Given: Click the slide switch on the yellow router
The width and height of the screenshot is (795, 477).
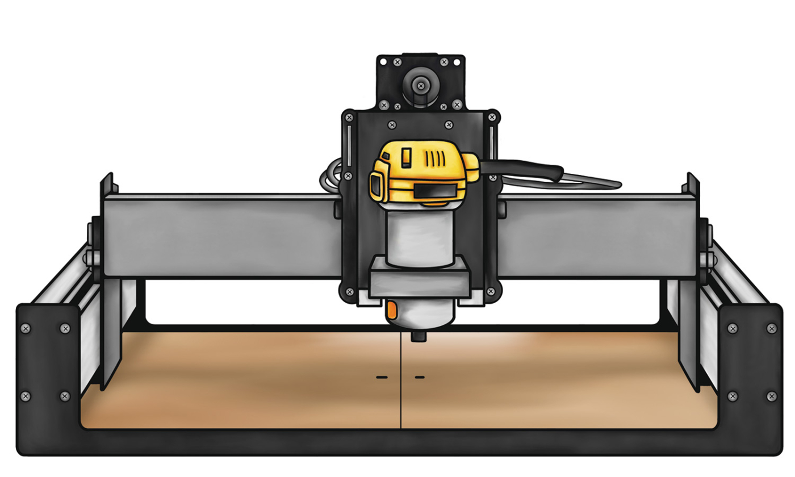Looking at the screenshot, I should click(x=406, y=157).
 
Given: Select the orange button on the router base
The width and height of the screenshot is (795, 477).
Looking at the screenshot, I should click(x=392, y=310).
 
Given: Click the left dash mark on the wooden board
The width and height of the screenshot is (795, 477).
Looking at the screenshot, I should click(x=381, y=376).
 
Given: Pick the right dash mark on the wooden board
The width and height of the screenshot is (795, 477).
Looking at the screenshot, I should click(x=420, y=376).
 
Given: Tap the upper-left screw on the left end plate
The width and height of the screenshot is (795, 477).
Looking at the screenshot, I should click(x=26, y=328).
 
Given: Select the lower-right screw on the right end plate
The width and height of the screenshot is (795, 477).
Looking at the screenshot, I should click(x=771, y=396).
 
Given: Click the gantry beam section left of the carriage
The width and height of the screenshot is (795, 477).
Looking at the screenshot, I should click(x=221, y=236).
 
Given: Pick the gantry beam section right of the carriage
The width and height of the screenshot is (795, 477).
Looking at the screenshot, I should click(x=596, y=236).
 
